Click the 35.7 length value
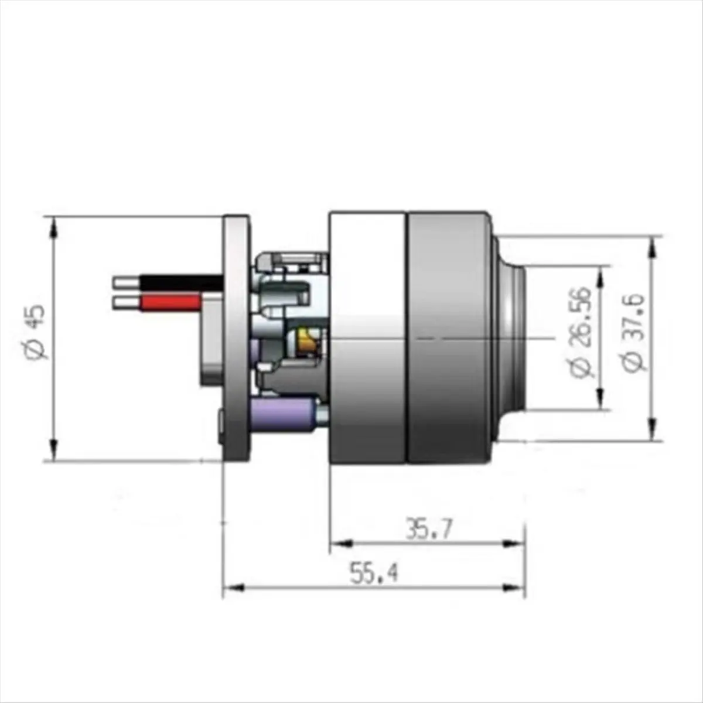429,530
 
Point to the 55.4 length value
374,573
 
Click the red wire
170,302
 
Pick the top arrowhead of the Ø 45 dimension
54,226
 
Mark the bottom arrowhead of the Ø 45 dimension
54,452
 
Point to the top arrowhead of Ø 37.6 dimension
651,246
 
